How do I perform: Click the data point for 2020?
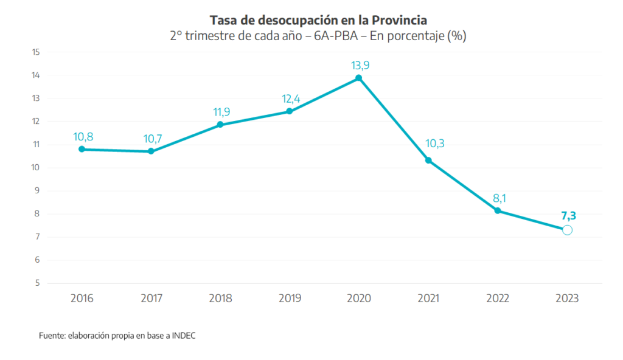tap(359, 78)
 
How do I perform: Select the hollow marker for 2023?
tap(567, 230)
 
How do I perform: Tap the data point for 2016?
tap(82, 149)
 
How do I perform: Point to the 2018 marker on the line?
tap(220, 125)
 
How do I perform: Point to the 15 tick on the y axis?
tap(36, 52)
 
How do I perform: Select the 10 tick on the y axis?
tap(36, 168)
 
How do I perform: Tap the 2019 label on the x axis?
tap(290, 299)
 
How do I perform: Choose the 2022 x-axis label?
tap(498, 299)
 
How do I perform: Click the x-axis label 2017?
tap(151, 299)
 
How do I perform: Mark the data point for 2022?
tap(498, 210)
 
